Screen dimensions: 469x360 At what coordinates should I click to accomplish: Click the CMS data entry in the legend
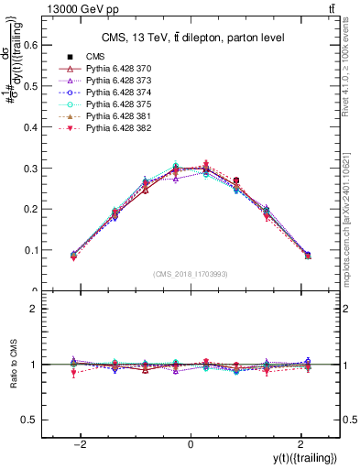point(96,57)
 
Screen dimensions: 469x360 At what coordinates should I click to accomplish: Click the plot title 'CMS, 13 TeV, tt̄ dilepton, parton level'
point(190,38)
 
